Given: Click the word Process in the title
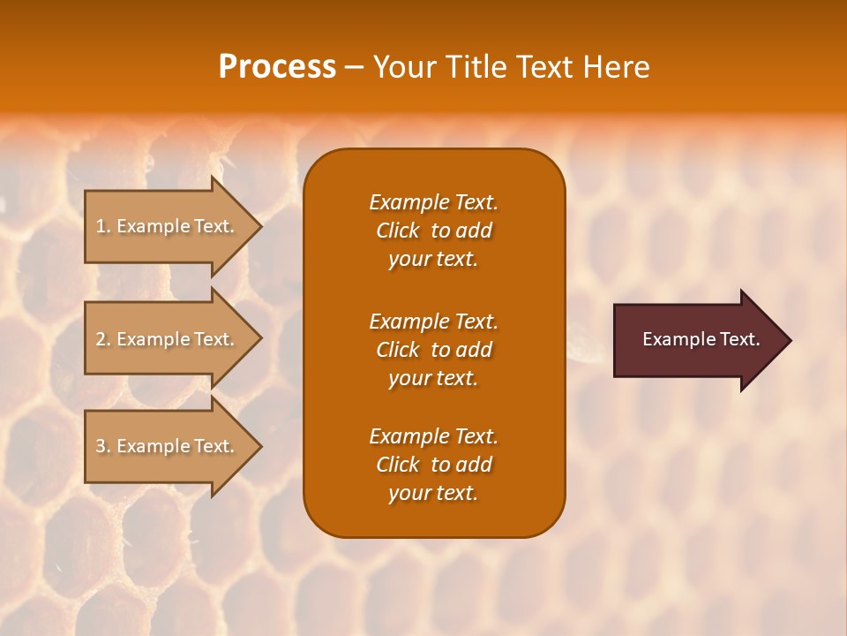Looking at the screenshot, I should click(277, 66).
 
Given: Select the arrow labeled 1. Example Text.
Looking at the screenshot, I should click(168, 226).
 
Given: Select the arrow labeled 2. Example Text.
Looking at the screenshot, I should click(168, 339).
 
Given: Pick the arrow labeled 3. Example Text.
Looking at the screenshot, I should click(168, 446).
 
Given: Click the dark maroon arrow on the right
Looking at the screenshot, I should click(697, 340).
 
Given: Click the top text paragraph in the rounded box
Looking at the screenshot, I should click(433, 231).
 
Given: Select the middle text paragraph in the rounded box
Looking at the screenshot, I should click(433, 349).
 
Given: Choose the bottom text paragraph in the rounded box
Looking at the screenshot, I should click(433, 465).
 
